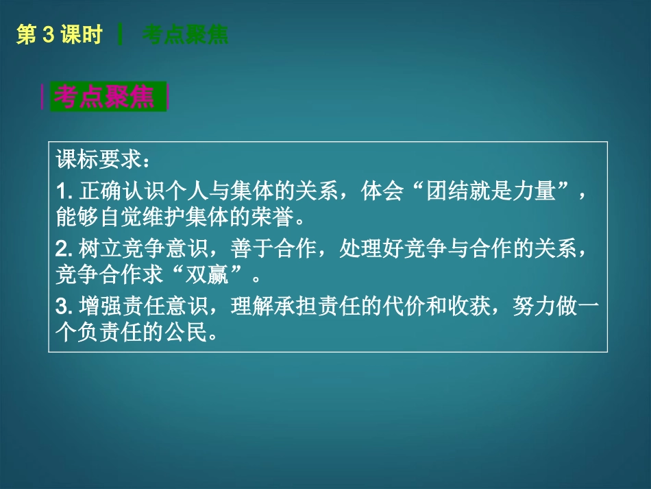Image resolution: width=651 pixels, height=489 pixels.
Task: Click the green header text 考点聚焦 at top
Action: click(185, 35)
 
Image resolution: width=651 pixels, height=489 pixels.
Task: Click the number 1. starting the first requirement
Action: click(64, 191)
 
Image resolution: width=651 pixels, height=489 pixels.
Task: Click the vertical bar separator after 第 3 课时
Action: click(121, 35)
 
